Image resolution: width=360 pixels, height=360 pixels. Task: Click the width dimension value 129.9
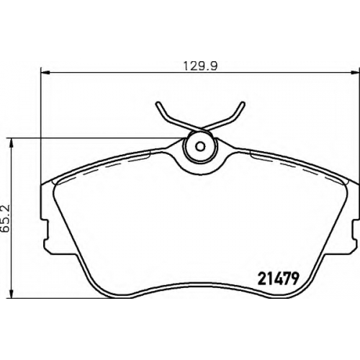point(200,66)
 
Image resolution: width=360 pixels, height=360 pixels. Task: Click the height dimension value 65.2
point(6,218)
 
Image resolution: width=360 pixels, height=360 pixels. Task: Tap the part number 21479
point(278,279)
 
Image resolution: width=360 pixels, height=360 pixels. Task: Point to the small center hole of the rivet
point(200,146)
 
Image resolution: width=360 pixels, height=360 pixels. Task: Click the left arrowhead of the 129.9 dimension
point(45,72)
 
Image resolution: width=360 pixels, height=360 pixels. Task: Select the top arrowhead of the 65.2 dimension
point(11,143)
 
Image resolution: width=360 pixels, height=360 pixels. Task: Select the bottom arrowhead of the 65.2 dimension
point(11,294)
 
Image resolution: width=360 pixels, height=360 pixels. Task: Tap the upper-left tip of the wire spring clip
point(158,104)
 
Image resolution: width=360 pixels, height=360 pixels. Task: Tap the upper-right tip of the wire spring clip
point(243,104)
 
